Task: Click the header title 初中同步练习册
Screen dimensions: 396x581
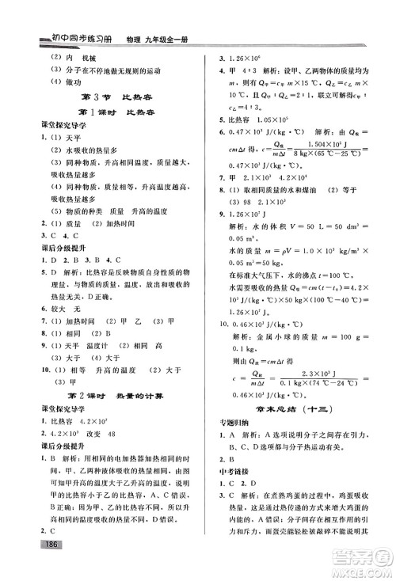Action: coord(73,38)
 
